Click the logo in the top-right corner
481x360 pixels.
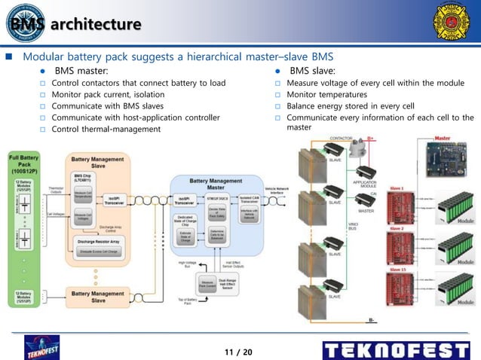coord(450,23)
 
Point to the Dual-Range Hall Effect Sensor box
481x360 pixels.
coord(230,285)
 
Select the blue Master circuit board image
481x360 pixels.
coord(449,162)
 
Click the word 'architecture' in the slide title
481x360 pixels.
coord(97,24)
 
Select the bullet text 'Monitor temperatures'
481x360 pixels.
coord(326,94)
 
